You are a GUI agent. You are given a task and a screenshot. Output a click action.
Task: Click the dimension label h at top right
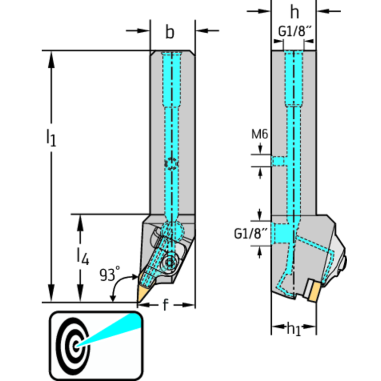[295, 11]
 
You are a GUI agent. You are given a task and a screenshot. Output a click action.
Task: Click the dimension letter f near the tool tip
[165, 305]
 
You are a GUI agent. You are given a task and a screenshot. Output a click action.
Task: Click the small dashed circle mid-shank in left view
[170, 164]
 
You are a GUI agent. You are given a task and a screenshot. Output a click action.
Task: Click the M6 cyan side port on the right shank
[278, 161]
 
